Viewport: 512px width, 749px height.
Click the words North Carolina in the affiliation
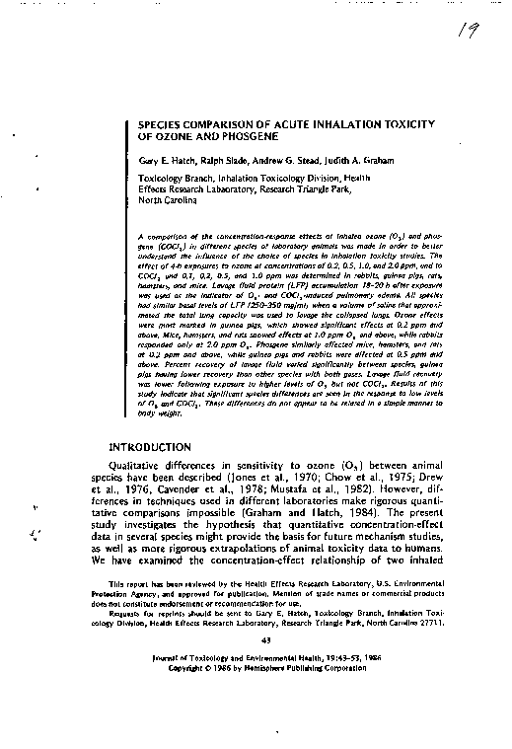point(170,200)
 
